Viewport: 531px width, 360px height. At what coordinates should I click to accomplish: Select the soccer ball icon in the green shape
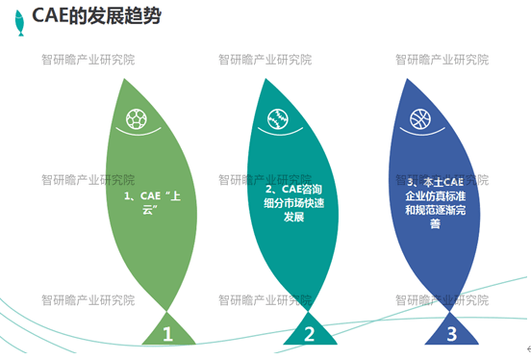pos(138,120)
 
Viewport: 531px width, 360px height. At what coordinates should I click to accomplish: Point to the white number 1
pos(167,335)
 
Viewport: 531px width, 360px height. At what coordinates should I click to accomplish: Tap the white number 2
pos(310,335)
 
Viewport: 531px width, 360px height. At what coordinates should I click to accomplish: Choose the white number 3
pos(451,335)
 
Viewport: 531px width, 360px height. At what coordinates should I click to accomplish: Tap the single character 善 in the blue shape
pos(435,224)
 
